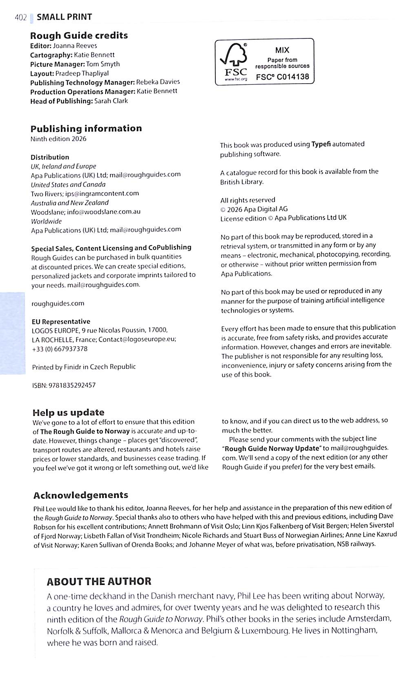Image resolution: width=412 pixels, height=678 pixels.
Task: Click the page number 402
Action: tap(20, 17)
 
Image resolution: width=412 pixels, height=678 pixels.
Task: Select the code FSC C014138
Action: tap(282, 77)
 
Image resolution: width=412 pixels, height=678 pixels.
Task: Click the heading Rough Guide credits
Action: tap(79, 36)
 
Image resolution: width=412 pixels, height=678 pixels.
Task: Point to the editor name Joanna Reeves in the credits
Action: tap(75, 46)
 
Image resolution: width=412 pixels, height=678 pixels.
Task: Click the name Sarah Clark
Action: tap(111, 101)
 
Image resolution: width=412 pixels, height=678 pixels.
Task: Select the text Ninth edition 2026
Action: tap(58, 139)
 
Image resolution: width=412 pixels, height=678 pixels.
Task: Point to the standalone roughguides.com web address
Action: tap(58, 303)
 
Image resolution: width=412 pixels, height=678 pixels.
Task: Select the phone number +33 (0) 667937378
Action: tap(60, 349)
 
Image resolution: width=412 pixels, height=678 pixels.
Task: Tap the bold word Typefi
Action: tap(321, 144)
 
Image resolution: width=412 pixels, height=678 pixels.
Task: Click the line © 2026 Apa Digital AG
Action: tap(254, 209)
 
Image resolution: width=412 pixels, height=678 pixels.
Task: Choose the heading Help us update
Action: tap(68, 412)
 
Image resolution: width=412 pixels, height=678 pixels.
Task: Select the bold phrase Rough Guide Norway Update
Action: tap(272, 448)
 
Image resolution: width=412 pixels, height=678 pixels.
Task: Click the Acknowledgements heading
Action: tap(81, 495)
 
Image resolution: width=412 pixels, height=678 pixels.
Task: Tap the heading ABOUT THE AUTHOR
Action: tap(99, 581)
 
